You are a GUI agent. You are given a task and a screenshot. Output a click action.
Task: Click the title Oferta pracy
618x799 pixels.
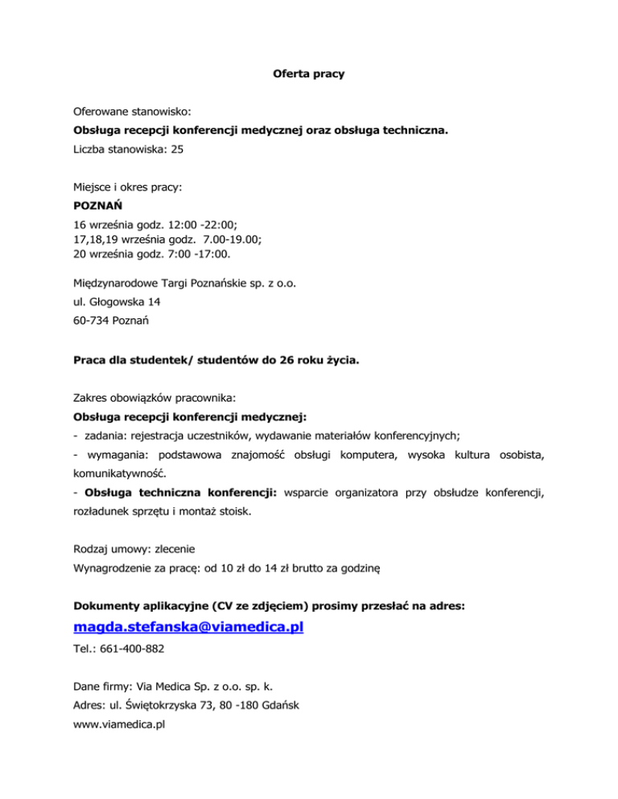click(x=308, y=75)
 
